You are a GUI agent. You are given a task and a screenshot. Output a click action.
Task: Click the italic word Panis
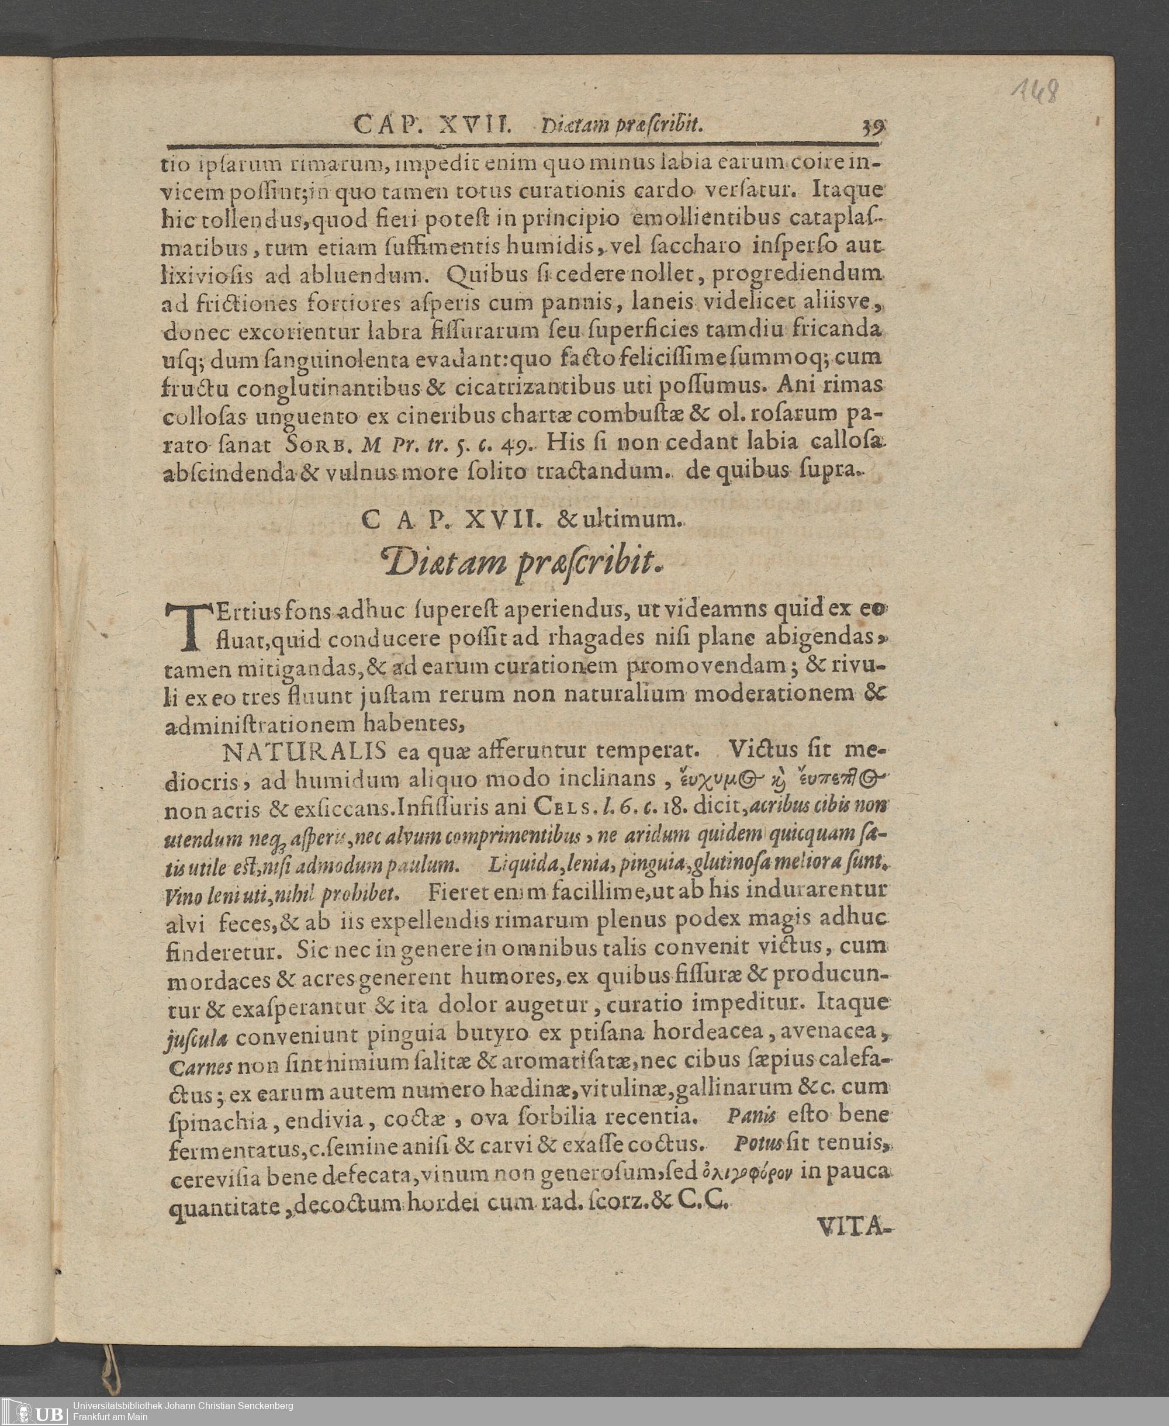click(752, 1115)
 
